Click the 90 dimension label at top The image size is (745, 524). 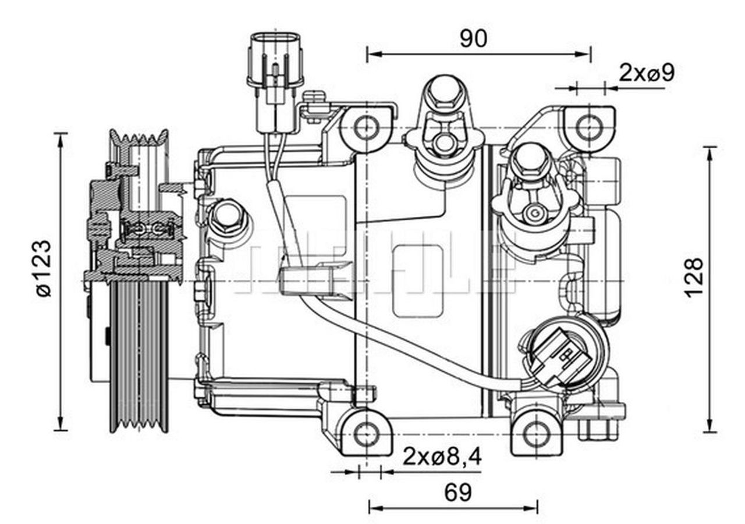click(473, 38)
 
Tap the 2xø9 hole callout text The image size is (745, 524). click(646, 73)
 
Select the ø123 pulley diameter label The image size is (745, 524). click(44, 268)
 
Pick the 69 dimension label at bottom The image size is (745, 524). click(458, 493)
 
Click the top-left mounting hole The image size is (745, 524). click(367, 127)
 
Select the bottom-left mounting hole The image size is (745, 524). click(367, 434)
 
